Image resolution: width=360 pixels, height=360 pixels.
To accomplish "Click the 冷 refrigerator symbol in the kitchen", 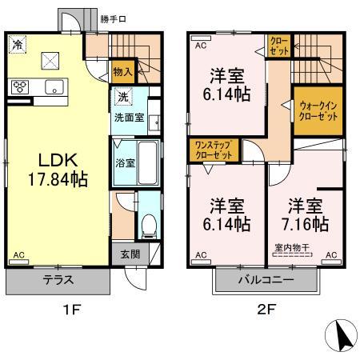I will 18,46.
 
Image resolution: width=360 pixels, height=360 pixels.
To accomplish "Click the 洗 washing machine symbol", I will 122,98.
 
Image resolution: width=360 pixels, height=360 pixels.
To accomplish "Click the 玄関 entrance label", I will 130,254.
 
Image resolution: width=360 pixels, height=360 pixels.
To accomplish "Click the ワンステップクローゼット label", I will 214,150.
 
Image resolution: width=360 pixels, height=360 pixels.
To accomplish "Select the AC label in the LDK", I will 18,256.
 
